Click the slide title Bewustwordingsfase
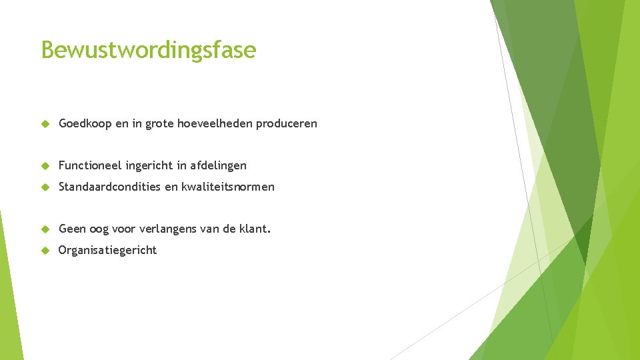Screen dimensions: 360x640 click(148, 50)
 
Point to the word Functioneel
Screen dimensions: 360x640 click(90, 165)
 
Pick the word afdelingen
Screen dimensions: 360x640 click(218, 165)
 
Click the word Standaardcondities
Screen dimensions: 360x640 click(110, 187)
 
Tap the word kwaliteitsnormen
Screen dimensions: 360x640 click(228, 187)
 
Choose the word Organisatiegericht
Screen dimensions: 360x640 click(108, 250)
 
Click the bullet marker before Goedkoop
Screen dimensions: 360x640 click(45, 124)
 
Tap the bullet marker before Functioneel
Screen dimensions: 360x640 click(45, 165)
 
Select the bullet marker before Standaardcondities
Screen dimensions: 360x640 click(45, 187)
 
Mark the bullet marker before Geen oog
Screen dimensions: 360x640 click(45, 229)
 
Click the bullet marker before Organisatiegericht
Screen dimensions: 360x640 click(45, 251)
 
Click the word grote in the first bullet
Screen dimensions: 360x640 click(160, 124)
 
